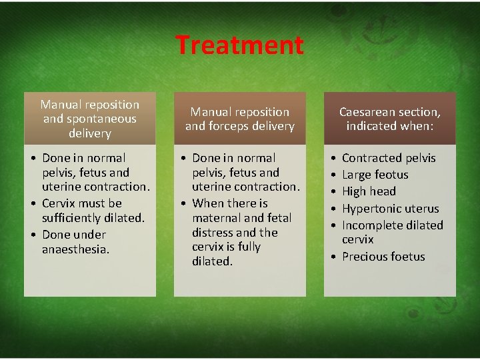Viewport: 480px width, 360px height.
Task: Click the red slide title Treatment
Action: (x=239, y=45)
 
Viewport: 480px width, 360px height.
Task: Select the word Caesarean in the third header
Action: (x=366, y=111)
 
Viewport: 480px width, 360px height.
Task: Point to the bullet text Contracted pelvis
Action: (x=389, y=158)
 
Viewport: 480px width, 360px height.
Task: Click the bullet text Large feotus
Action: (x=375, y=175)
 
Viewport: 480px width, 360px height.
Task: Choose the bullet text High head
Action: (x=369, y=191)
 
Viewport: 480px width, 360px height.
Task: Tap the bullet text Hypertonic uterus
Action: (x=390, y=209)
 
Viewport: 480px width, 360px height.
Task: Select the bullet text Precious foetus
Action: (x=383, y=257)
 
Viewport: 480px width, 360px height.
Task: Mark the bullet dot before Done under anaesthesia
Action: (x=33, y=235)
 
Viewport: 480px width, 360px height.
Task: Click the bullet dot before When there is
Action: (x=183, y=203)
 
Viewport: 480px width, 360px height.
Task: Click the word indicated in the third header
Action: (x=371, y=126)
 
